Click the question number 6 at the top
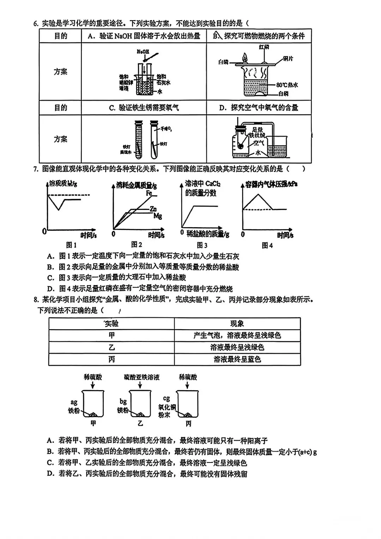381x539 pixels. coord(36,24)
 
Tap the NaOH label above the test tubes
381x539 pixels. coord(143,52)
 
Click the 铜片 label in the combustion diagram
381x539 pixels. coord(288,59)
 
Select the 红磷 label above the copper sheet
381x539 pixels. coord(264,47)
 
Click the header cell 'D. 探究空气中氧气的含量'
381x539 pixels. coord(259,108)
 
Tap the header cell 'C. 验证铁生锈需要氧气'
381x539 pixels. coord(144,108)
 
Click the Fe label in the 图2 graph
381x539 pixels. coord(149,193)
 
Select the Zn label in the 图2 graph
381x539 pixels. coord(153,209)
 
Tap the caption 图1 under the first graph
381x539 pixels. coord(71,245)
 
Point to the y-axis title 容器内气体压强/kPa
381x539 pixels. coord(271,184)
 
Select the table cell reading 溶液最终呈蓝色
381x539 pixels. coord(237,359)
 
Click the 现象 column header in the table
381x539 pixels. coord(237,323)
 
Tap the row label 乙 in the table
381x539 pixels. coord(111,347)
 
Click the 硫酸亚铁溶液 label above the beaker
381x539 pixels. coord(142,377)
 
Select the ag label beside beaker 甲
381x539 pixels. coord(74,402)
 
